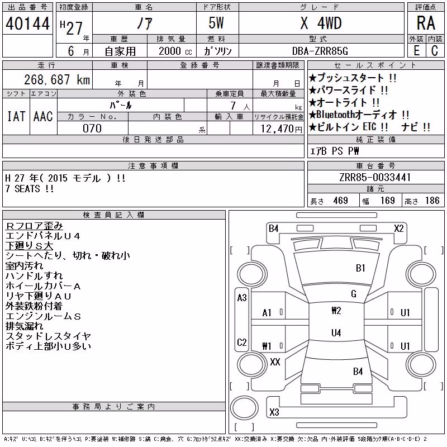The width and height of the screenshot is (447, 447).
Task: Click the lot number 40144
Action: [x=27, y=23]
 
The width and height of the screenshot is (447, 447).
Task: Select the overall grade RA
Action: [x=426, y=23]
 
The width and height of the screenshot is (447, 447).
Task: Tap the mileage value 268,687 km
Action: [x=57, y=79]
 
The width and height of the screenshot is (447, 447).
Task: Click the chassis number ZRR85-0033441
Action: [x=375, y=177]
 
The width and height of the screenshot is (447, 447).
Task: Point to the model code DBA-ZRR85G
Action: [x=320, y=51]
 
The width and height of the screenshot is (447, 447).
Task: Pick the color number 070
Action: [x=92, y=129]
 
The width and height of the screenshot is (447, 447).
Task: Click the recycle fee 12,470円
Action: [x=282, y=129]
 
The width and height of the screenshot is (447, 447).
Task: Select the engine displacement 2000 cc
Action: [x=175, y=51]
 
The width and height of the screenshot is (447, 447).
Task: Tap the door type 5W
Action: [x=216, y=23]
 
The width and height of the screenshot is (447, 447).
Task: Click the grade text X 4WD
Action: [x=321, y=23]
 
